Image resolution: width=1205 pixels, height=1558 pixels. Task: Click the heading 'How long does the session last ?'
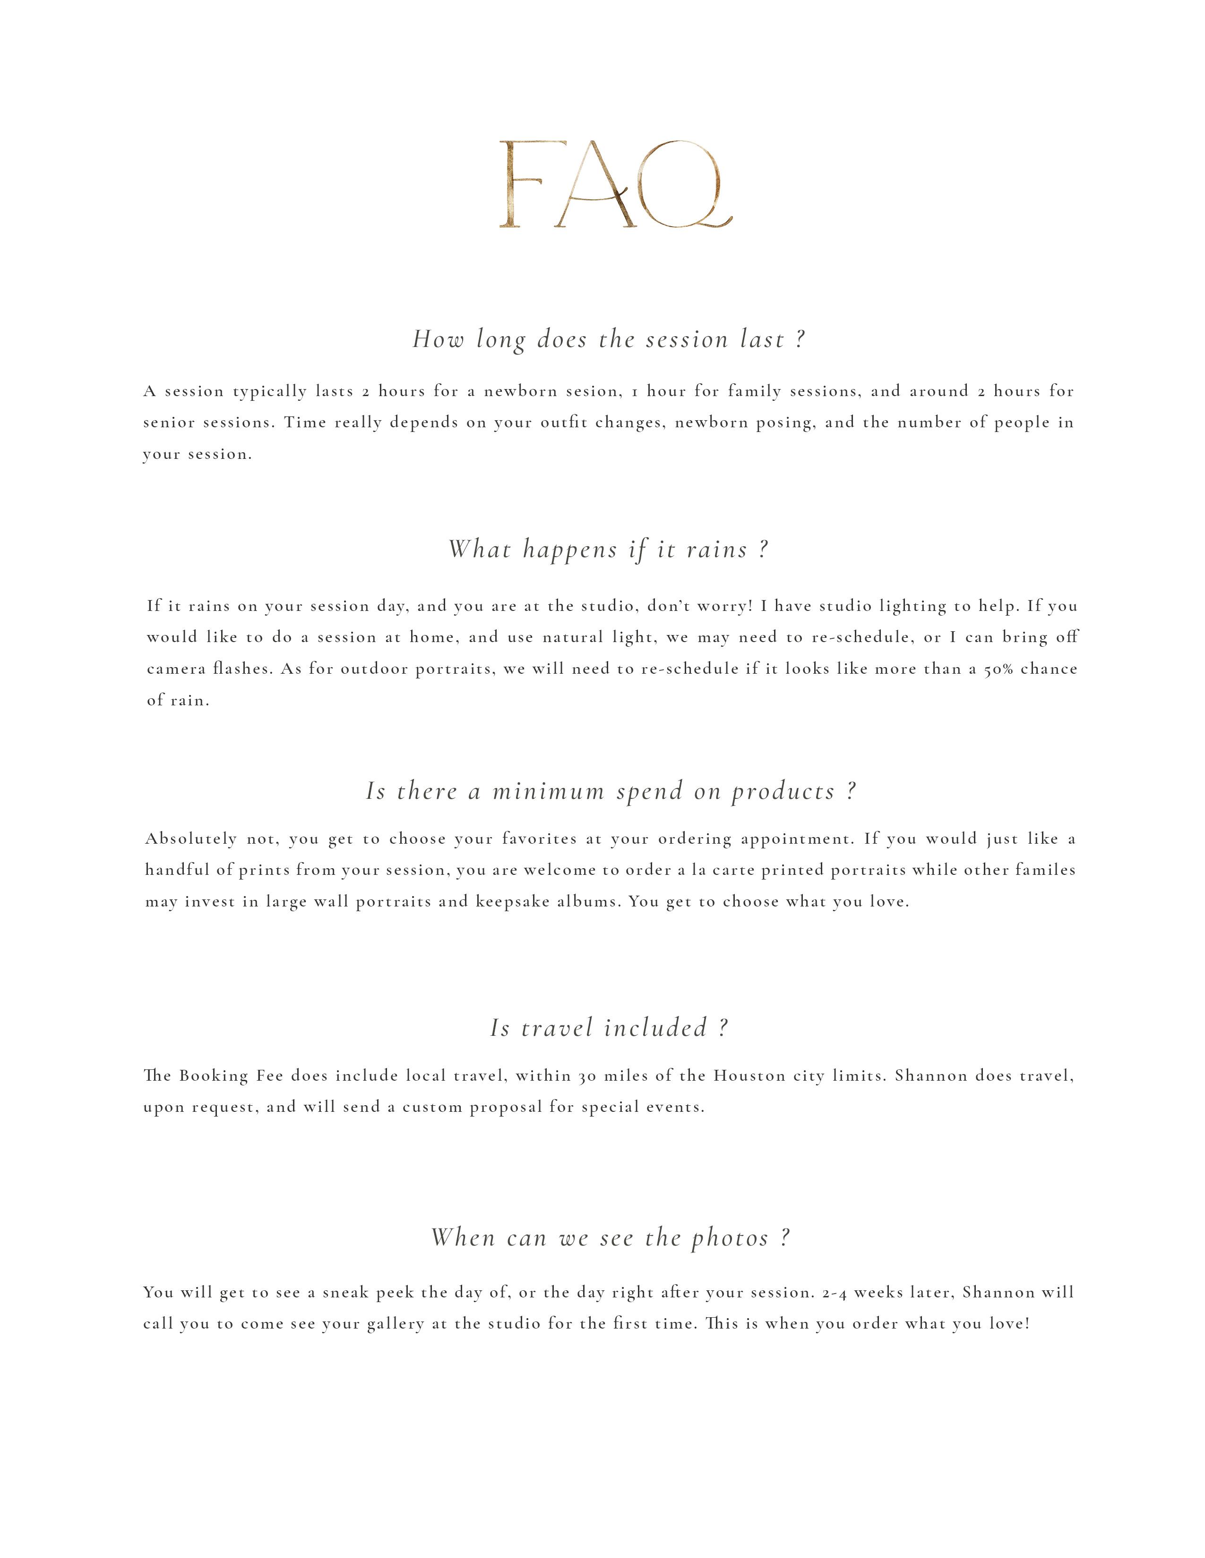point(608,339)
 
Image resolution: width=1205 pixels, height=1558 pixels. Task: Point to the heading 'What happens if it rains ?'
point(608,549)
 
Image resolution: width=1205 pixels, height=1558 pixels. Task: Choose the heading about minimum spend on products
point(611,791)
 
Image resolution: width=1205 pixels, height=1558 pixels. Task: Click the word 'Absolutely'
point(190,839)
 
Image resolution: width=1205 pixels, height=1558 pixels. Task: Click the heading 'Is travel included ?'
point(608,1028)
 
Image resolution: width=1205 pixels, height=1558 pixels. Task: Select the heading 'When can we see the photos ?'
point(611,1238)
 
